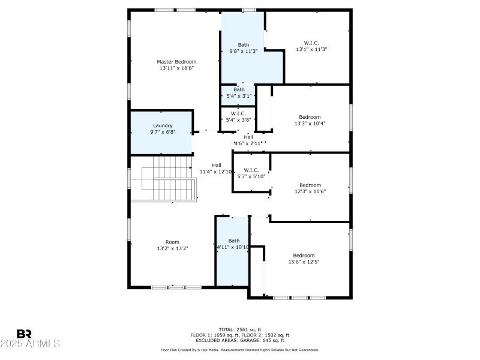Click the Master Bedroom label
pos(176,65)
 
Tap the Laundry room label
pos(163,128)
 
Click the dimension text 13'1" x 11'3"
pos(311,49)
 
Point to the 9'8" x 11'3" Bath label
pos(243,48)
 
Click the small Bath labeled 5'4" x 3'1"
pos(239,92)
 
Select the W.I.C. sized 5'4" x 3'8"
pos(238,116)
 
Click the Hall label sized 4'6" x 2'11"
pos(248,140)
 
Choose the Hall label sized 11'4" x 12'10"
pos(216,169)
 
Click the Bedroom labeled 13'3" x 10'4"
pos(310,120)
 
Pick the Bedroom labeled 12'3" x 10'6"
pos(310,188)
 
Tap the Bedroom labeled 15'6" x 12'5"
pos(304,258)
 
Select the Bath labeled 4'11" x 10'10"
pos(233,244)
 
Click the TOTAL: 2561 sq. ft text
pos(239,329)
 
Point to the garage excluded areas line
pos(239,340)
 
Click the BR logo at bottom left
pos(24,334)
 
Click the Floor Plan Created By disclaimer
pos(239,350)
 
